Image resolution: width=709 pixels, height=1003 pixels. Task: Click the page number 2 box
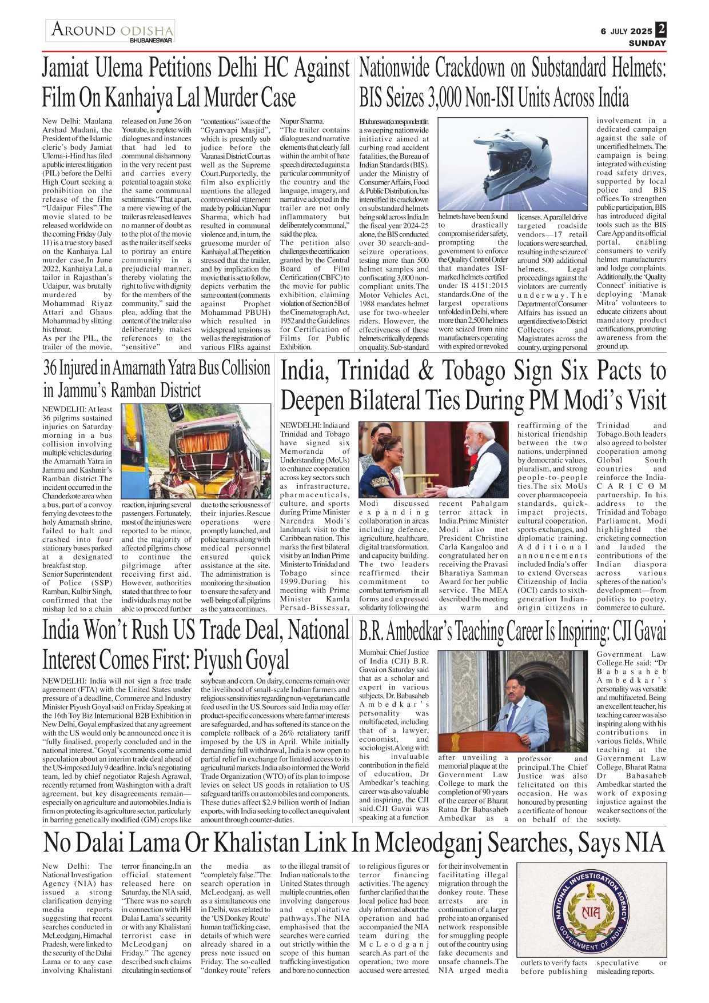coord(661,30)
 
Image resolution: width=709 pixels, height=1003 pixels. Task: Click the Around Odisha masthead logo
coord(111,30)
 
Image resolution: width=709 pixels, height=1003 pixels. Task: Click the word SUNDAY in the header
coord(647,43)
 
